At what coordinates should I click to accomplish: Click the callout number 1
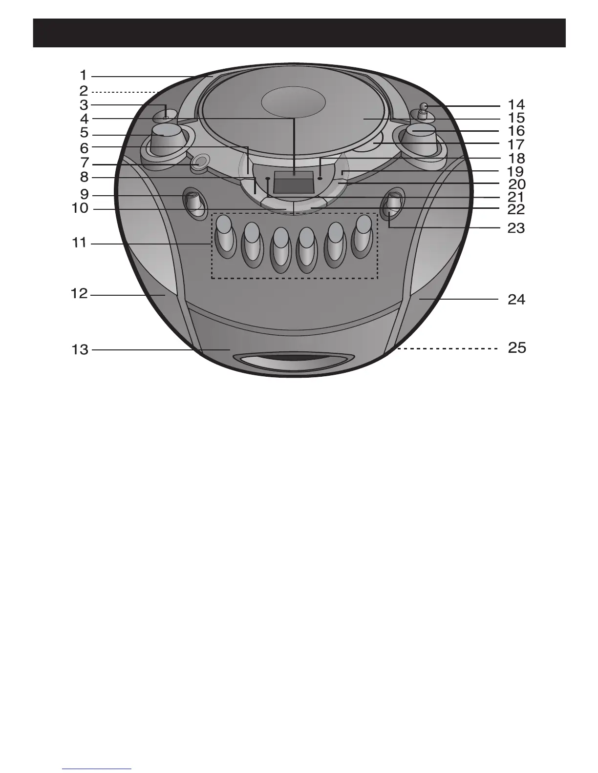pos(84,76)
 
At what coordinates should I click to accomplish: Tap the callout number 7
pos(85,163)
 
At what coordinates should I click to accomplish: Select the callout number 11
pos(79,243)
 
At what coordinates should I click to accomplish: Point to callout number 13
pos(80,350)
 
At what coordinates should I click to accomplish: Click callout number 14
pos(516,105)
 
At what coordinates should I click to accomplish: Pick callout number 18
pos(516,158)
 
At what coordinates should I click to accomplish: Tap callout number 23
pos(516,228)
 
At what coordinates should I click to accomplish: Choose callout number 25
pos(517,348)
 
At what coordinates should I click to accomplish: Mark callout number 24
pos(516,300)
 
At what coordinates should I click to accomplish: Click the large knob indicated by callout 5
pos(166,140)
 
